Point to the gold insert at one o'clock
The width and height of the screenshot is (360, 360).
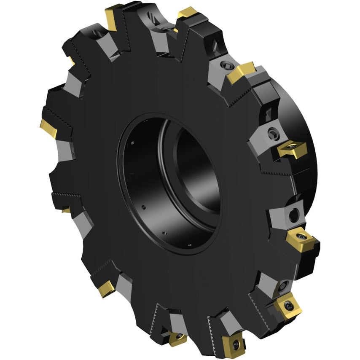[x=241, y=73]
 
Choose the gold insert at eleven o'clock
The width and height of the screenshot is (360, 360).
[x=114, y=17]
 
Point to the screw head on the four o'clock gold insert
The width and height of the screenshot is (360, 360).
[x=301, y=234]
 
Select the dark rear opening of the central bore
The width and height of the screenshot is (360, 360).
[x=198, y=169]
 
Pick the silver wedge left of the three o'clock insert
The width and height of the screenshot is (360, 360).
[x=259, y=143]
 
